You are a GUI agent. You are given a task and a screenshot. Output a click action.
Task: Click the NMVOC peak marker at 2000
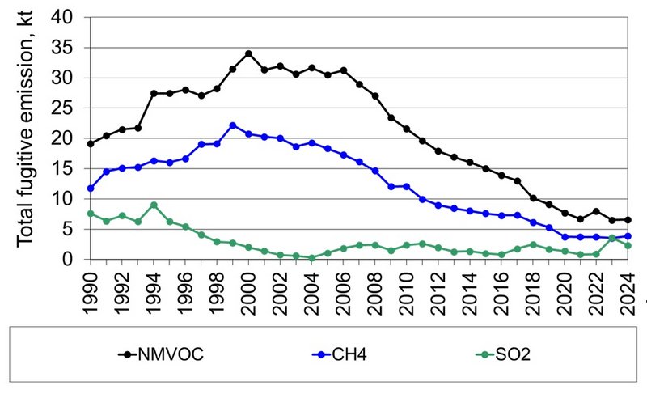click(248, 54)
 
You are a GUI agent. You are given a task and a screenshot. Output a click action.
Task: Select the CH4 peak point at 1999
click(233, 125)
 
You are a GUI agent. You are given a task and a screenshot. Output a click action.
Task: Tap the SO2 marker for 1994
click(154, 205)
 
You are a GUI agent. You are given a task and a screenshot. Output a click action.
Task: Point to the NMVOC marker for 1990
click(91, 144)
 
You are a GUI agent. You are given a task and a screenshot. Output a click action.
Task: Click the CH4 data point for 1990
click(91, 189)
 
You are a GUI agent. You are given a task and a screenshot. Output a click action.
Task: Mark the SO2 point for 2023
click(612, 238)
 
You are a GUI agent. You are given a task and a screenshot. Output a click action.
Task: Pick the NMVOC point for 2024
click(628, 220)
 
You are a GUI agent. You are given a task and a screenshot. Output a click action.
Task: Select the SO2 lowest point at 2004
click(311, 257)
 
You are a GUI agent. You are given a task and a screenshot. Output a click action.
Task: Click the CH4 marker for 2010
click(407, 186)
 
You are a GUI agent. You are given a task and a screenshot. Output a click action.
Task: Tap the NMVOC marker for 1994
click(154, 93)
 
